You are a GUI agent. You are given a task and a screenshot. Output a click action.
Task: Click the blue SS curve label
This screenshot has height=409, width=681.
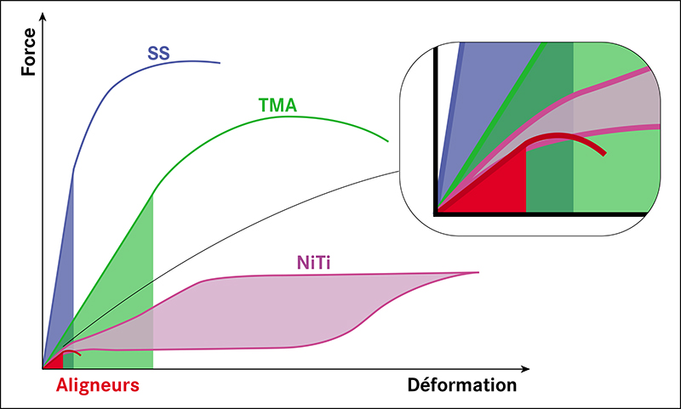click(x=158, y=53)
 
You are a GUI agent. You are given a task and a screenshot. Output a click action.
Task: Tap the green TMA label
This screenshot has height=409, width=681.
click(x=278, y=105)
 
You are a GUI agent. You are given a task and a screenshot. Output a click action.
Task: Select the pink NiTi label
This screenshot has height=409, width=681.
click(x=313, y=263)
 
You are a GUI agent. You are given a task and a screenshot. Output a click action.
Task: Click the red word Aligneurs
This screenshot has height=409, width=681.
click(x=98, y=385)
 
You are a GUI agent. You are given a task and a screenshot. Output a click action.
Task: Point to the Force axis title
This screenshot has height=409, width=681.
click(x=29, y=52)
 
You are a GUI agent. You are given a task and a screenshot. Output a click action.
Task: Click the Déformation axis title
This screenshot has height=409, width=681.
click(x=462, y=384)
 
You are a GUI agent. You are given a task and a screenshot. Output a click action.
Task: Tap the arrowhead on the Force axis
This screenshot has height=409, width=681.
click(x=43, y=16)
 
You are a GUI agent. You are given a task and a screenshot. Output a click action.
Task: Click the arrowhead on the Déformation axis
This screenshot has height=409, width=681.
click(x=525, y=369)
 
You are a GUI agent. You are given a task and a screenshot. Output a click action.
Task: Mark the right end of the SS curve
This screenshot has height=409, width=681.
click(x=220, y=63)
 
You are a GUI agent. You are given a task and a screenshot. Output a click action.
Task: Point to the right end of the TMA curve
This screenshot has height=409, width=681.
click(x=387, y=141)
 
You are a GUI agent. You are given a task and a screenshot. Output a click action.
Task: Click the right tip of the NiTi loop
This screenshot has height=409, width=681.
click(x=478, y=272)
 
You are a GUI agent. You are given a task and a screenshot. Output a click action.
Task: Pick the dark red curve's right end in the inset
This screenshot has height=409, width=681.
click(x=604, y=154)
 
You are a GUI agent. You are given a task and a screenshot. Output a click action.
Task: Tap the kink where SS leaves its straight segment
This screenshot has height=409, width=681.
click(x=73, y=169)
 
